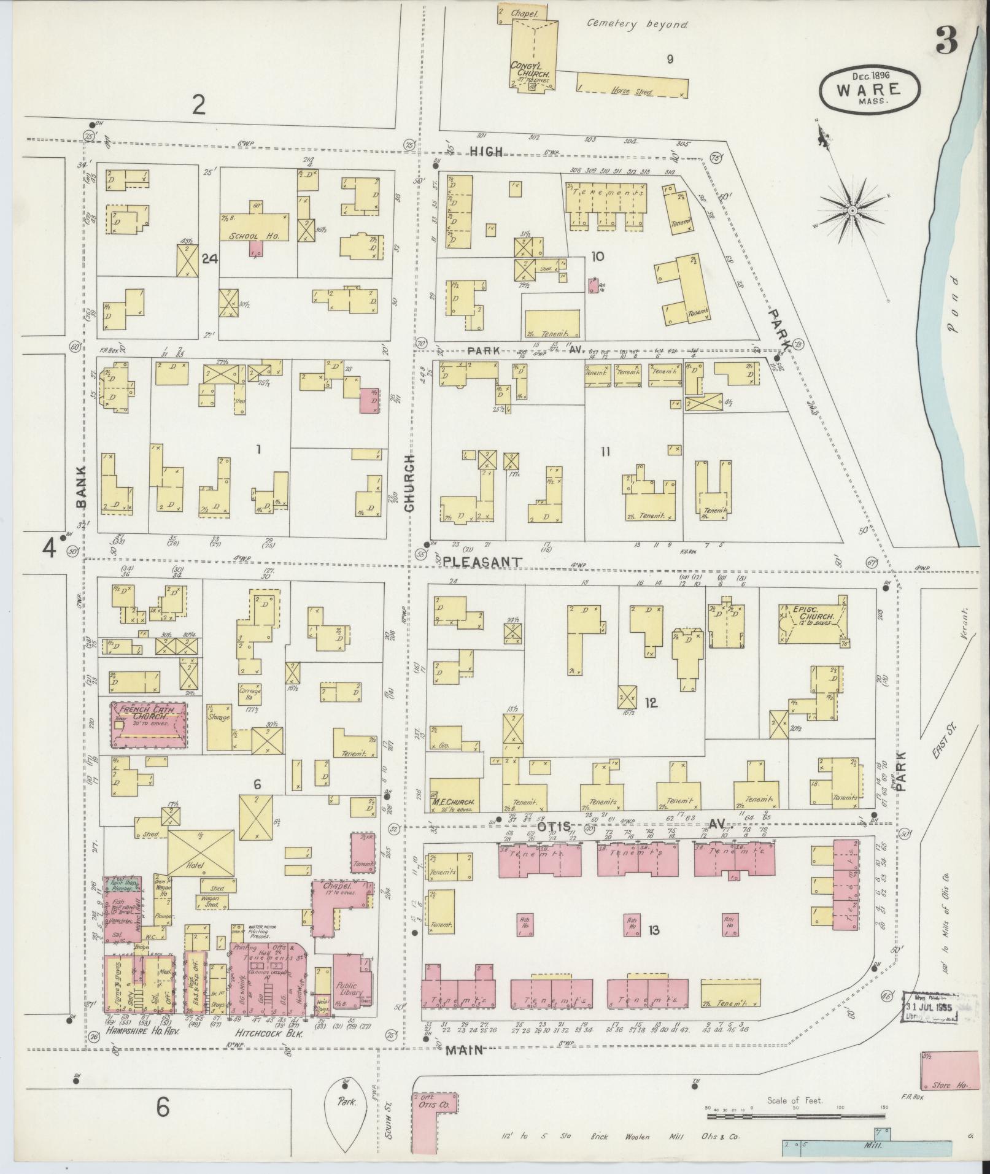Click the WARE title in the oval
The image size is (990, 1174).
(868, 89)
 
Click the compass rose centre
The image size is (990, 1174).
(852, 210)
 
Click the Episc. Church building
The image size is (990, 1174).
(813, 622)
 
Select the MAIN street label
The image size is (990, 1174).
(464, 1049)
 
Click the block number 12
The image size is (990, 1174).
(651, 703)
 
